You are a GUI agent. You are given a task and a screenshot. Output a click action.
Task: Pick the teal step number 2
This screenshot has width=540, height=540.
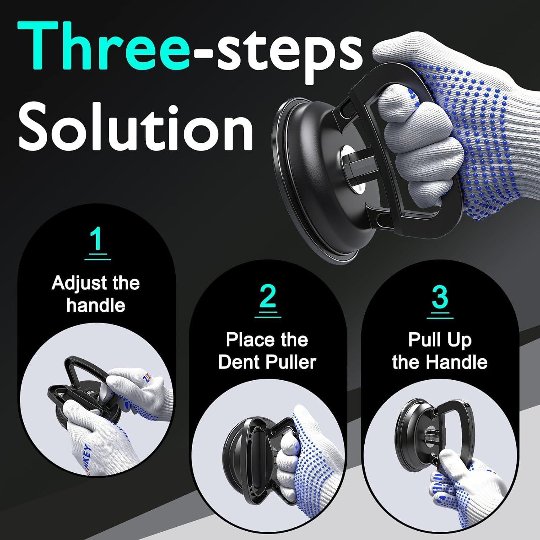pos(268,297)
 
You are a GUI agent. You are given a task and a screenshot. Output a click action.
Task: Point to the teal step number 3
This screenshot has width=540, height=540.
pos(440,297)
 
